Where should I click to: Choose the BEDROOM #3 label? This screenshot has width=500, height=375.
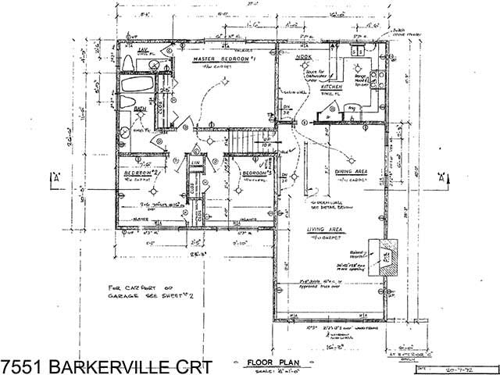(x=255, y=173)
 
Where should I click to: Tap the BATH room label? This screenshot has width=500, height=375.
(x=140, y=110)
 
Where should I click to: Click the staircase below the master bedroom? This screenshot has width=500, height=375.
(x=246, y=141)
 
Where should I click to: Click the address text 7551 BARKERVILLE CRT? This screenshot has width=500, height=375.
(x=105, y=365)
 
